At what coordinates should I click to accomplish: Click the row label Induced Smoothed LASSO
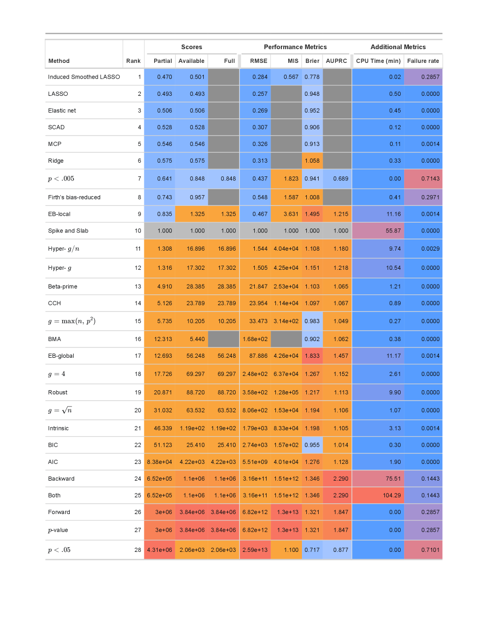pos(84,77)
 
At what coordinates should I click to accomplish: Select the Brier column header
pos(312,61)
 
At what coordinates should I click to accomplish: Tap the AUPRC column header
pos(336,61)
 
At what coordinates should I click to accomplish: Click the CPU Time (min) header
pos(378,61)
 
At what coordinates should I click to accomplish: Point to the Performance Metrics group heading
pos(295,47)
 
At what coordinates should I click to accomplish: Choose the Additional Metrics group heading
pos(398,47)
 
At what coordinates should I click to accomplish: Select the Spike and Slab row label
pos(68,231)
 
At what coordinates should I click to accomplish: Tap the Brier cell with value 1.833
pos(312,356)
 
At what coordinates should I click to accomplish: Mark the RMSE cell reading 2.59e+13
pos(255,550)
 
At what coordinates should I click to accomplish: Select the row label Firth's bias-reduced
pos(74,198)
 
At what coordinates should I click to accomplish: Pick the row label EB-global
pos(61,356)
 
